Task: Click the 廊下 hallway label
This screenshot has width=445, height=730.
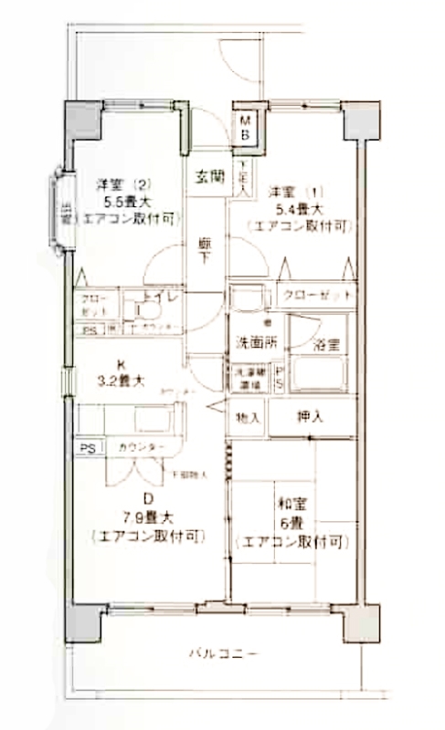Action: pos(207,251)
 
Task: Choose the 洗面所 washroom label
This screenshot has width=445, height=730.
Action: pos(256,342)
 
